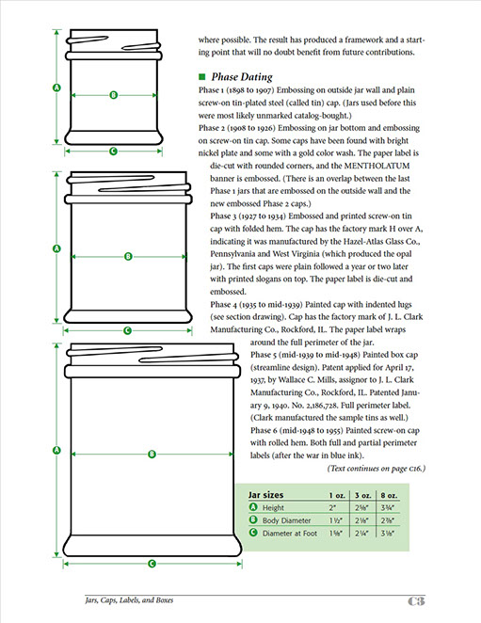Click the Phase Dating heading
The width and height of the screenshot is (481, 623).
(242, 76)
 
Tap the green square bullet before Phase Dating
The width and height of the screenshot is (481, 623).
(202, 76)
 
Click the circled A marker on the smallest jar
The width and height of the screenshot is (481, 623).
(56, 88)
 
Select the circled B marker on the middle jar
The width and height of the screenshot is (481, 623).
(128, 257)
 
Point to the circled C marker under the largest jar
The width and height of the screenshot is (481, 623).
(152, 564)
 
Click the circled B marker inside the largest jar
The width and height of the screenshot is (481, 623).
(152, 455)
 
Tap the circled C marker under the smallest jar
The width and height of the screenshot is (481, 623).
(113, 151)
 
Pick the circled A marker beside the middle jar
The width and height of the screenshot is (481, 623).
(56, 248)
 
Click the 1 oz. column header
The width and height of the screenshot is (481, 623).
(337, 495)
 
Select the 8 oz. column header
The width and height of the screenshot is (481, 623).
(389, 495)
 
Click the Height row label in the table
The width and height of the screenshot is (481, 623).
(273, 508)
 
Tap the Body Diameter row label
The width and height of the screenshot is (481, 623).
(286, 520)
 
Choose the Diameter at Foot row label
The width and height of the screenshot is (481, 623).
(289, 534)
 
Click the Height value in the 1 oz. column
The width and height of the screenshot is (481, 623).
(332, 508)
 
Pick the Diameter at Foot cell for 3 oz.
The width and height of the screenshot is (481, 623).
(361, 534)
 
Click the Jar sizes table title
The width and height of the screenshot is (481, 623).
(265, 495)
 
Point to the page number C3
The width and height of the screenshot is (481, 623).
(416, 601)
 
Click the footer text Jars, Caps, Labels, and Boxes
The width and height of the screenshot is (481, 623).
(129, 600)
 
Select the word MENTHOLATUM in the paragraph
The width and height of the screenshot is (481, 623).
(377, 166)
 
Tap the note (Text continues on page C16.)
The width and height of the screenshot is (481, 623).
(377, 469)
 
